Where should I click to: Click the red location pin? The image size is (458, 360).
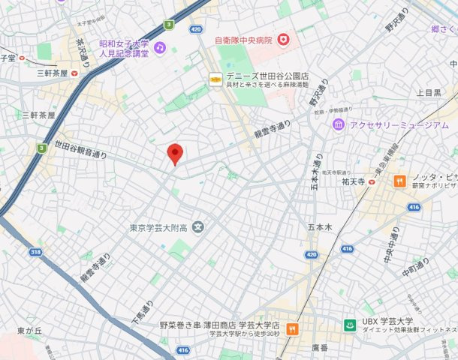175,153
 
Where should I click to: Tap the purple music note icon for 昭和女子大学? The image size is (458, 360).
159,47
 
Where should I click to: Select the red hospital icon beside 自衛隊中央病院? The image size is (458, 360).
283,39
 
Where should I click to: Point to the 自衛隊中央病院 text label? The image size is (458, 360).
243,39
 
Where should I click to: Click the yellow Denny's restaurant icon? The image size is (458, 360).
215,77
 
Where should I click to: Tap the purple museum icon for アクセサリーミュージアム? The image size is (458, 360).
339,124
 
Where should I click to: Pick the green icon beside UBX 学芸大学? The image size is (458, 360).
349,325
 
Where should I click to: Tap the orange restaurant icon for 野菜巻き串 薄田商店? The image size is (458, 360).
292,328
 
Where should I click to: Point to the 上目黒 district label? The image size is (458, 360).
429,93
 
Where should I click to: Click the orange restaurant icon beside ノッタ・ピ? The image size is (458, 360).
399,180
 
